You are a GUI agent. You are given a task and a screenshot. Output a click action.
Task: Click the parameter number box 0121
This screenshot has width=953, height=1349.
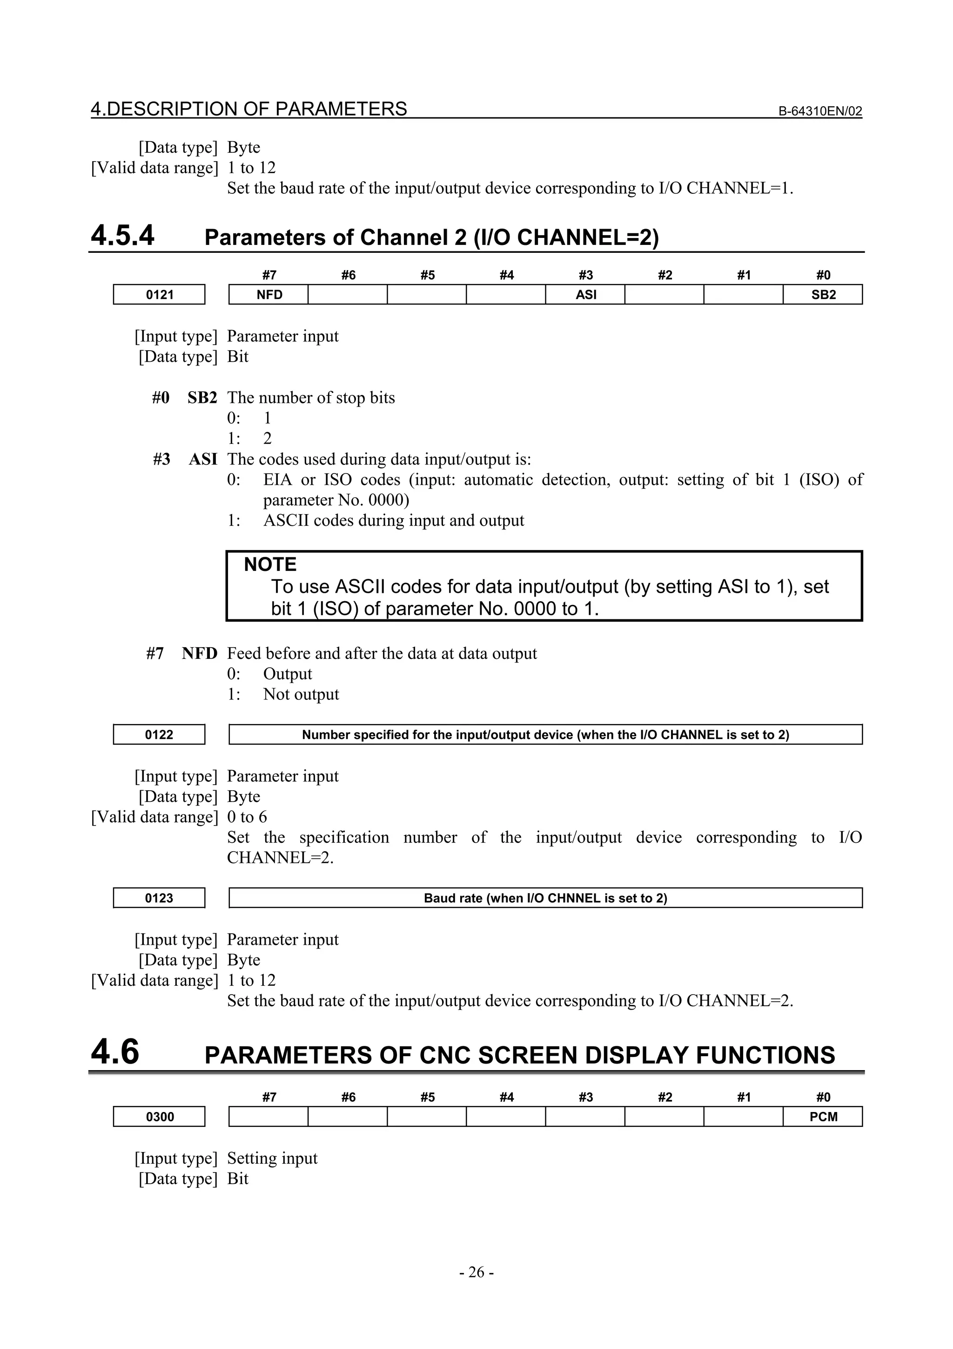pos(159,294)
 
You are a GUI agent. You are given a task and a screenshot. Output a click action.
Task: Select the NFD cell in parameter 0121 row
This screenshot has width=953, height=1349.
pos(269,294)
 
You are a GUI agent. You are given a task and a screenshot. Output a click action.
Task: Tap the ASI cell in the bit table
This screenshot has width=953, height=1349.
pos(585,294)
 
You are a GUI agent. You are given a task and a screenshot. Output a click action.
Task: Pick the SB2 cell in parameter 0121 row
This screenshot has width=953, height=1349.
pos(823,294)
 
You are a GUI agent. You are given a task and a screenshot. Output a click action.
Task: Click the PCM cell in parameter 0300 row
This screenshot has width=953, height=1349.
pos(823,1116)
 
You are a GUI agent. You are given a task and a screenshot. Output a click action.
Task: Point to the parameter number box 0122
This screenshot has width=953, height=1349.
pos(159,734)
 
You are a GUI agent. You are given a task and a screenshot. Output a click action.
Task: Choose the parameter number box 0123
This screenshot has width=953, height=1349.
pos(159,898)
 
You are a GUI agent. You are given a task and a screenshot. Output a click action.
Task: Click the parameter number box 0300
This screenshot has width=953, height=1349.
pos(159,1116)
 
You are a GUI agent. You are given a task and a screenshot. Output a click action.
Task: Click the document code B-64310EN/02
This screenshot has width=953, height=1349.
pos(820,111)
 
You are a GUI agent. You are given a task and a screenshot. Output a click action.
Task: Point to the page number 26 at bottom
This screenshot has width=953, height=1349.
pos(476,1272)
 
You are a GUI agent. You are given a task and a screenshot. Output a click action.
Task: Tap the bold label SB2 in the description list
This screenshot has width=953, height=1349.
pos(202,398)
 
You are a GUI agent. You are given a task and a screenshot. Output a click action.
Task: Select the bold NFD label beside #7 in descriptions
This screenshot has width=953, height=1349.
pos(199,653)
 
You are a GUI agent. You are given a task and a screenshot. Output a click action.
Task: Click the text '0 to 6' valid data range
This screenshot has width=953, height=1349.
pos(247,817)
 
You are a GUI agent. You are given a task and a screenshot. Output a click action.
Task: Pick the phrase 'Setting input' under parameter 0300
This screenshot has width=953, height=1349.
pos(272,1158)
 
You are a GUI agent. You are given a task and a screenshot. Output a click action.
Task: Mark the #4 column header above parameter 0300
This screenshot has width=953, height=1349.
pos(506,1097)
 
